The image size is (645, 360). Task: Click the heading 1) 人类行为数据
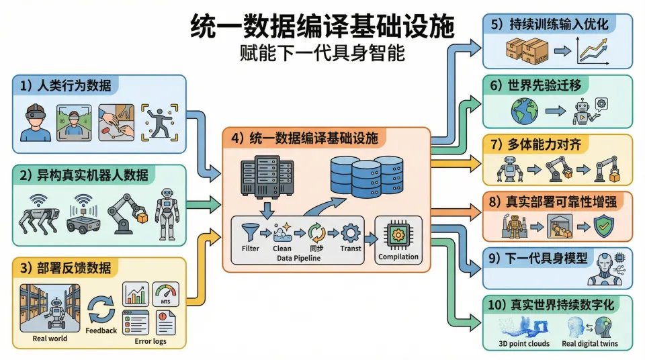(66, 85)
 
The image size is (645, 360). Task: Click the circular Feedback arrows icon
(101, 310)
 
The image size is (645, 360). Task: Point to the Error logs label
(150, 341)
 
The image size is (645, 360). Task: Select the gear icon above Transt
(351, 233)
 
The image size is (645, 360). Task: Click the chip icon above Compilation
(398, 234)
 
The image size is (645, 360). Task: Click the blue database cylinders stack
(365, 176)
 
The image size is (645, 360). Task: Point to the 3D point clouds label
(525, 343)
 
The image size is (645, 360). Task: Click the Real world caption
(50, 339)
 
